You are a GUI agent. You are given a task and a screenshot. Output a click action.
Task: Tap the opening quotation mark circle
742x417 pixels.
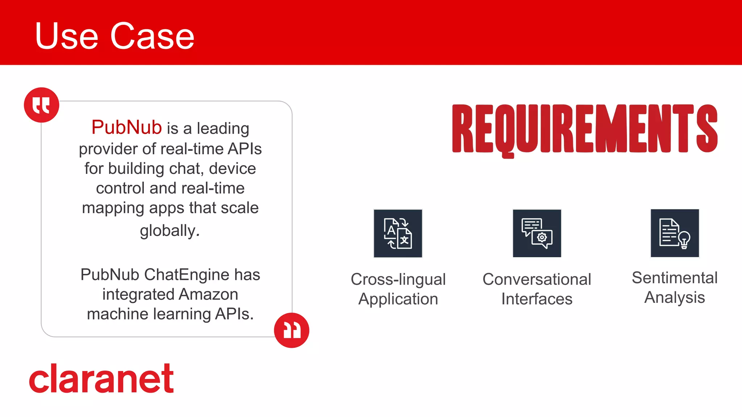[x=41, y=105]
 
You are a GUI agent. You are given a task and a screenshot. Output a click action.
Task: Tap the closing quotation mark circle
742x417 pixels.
[x=291, y=330]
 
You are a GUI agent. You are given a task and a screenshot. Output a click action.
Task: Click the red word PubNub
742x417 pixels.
[x=126, y=127]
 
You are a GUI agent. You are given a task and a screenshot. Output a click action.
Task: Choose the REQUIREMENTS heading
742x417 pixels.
[x=584, y=129]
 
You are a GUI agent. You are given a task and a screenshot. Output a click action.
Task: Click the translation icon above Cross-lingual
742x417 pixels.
[x=398, y=233]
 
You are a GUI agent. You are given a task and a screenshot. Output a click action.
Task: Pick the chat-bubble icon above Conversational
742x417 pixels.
[x=537, y=233]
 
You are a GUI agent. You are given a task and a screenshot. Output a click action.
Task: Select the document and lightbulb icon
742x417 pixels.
[x=675, y=233]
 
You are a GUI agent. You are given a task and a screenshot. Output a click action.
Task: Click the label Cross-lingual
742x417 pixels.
[x=398, y=279]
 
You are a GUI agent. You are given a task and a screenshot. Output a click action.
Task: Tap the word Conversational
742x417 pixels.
[x=537, y=279]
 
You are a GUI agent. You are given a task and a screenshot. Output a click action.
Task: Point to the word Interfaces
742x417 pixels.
[x=537, y=299]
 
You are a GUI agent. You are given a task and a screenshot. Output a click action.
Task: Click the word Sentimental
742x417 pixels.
[x=675, y=278]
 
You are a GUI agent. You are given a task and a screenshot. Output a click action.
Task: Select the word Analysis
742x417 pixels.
[x=675, y=297]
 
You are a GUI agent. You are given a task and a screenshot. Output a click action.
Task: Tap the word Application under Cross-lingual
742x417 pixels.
[x=398, y=299]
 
